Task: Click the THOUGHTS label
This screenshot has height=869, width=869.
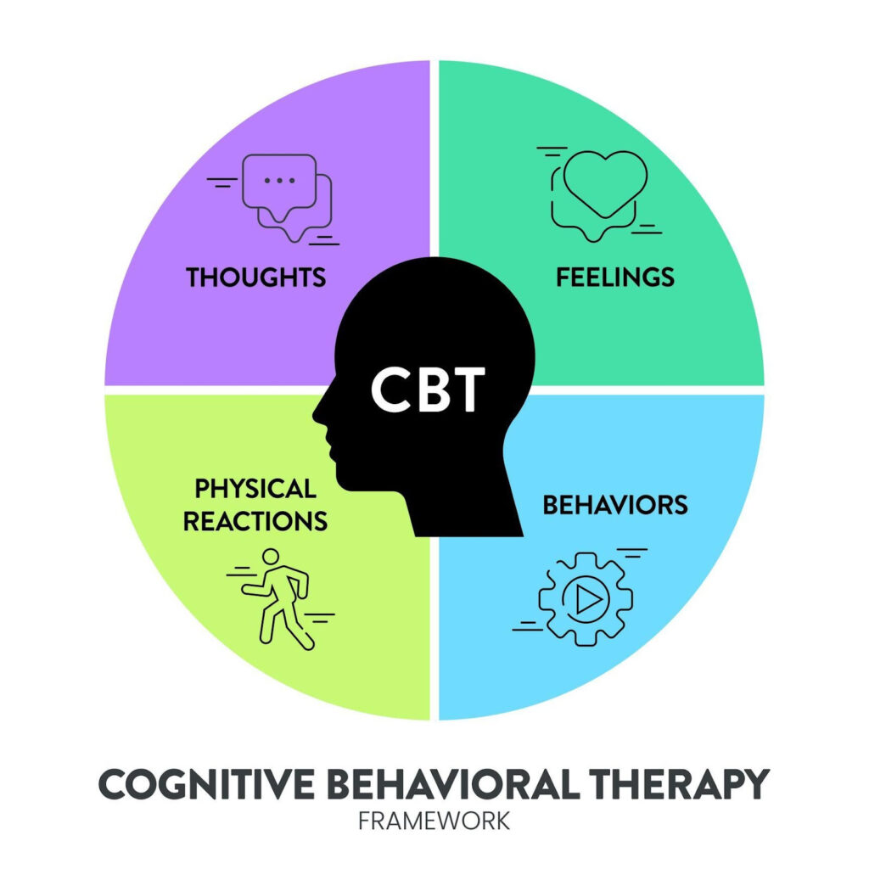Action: point(256,278)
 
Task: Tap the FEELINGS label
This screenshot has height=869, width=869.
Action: point(615,277)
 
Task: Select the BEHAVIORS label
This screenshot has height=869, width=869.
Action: point(615,505)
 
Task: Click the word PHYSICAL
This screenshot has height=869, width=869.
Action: point(255,489)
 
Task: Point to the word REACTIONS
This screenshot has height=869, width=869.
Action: point(255,521)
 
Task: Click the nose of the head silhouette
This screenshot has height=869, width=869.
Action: point(317,415)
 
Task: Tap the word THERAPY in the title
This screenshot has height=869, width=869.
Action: point(680,783)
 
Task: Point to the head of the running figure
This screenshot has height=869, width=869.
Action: point(270,558)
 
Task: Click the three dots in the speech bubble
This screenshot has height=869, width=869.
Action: point(280,180)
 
